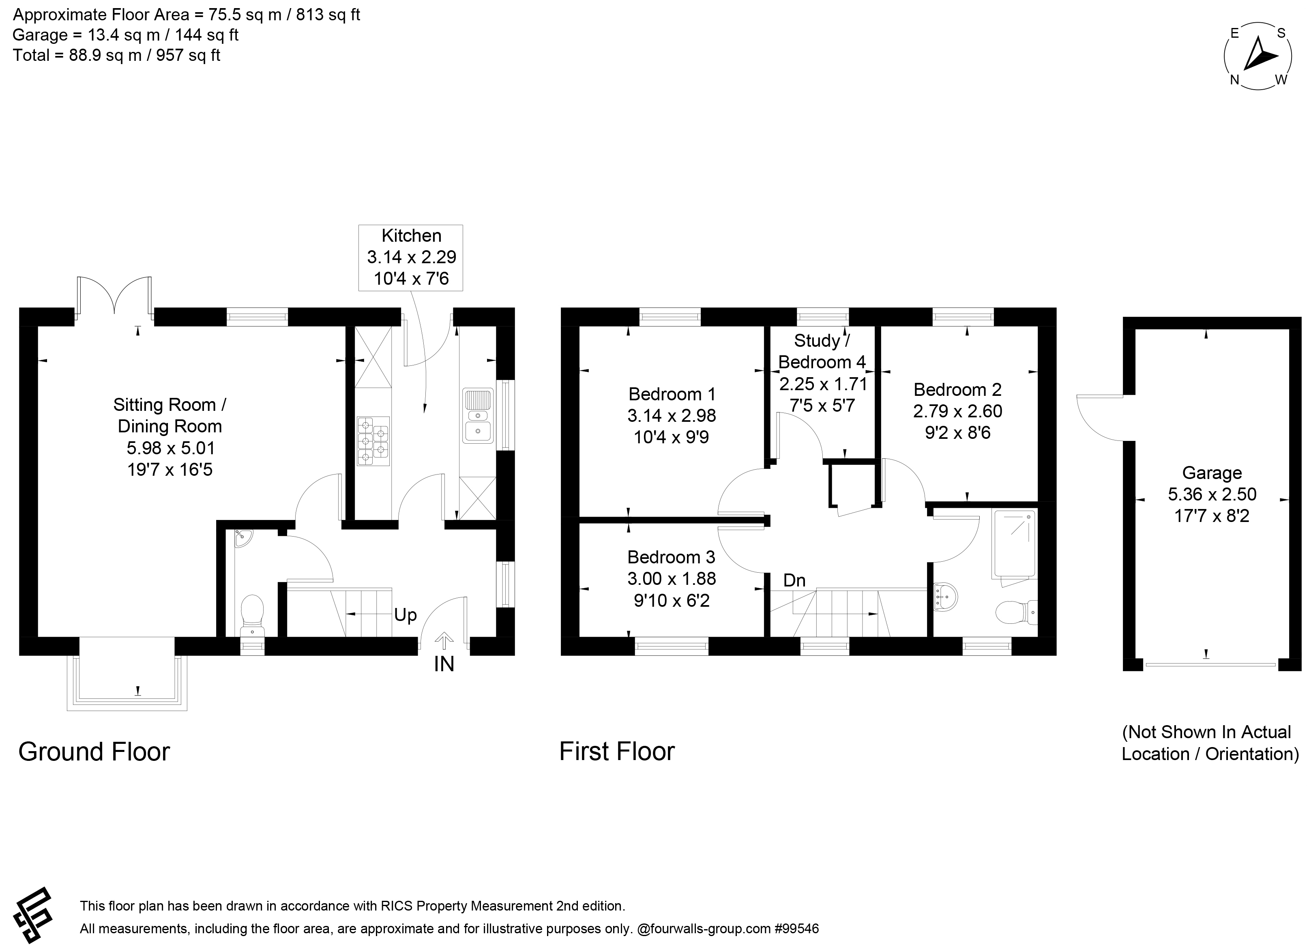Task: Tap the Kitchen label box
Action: click(x=410, y=258)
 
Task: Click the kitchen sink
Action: click(x=478, y=416)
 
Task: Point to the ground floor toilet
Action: click(x=252, y=615)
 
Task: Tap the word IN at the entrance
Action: click(x=444, y=664)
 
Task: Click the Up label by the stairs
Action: click(x=405, y=615)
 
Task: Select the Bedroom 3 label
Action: click(x=671, y=557)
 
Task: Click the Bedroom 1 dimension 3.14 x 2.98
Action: click(x=671, y=416)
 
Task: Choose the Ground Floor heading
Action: click(x=94, y=752)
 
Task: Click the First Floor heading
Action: click(x=617, y=752)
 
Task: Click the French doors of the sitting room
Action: click(x=114, y=297)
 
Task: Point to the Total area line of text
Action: click(x=117, y=56)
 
